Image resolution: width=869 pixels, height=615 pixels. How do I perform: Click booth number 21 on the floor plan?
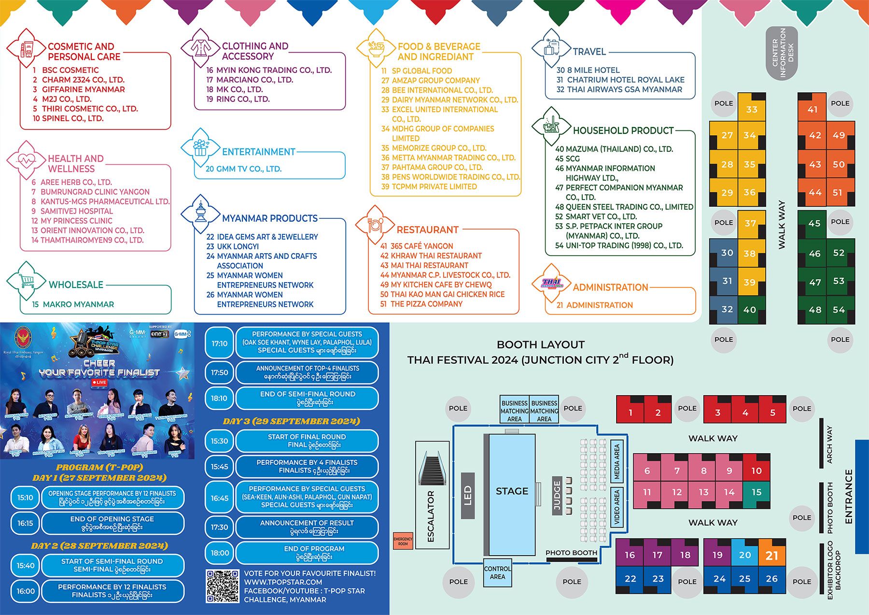click(772, 555)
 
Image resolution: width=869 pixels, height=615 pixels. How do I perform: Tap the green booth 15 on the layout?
click(756, 492)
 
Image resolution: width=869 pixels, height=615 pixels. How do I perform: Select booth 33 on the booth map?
click(752, 109)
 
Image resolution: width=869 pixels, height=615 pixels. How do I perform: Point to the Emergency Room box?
click(403, 541)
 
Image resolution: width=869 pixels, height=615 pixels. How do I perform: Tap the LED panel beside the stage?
click(467, 496)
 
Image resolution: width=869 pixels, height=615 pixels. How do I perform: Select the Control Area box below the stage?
click(497, 572)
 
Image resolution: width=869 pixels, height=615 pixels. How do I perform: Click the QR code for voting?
click(223, 586)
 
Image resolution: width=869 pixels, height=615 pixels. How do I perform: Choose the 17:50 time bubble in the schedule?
click(219, 372)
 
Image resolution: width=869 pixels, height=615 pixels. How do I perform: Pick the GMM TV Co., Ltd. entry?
click(243, 169)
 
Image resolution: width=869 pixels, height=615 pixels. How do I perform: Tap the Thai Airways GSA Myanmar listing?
click(619, 89)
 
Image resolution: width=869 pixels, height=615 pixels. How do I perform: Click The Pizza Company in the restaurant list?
click(421, 304)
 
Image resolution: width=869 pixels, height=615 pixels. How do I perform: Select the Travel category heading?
click(589, 52)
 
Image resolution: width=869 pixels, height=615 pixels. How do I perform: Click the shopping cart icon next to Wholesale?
click(27, 280)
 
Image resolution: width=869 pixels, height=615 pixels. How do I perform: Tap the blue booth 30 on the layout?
click(727, 253)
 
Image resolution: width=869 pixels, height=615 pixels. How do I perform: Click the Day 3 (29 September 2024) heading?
click(291, 421)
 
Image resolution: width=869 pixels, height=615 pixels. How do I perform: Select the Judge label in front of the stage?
click(557, 495)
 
